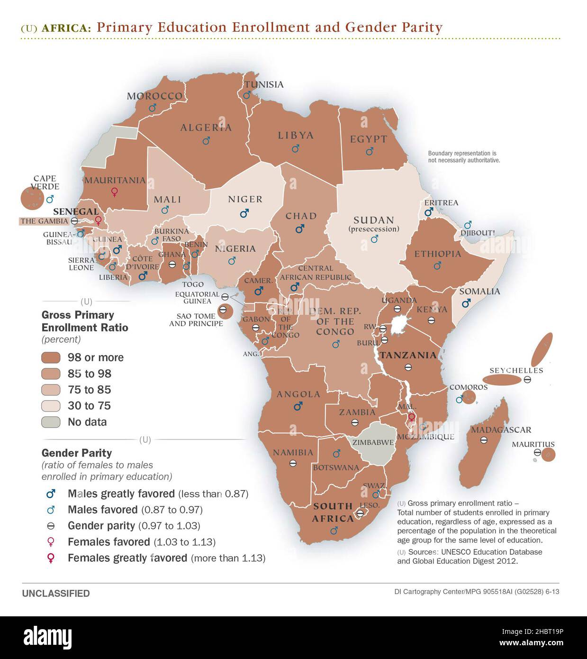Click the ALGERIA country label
tap(206, 127)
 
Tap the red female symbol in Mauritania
tap(114, 192)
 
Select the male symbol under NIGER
tap(244, 213)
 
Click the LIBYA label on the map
tap(296, 135)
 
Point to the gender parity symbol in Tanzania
tap(408, 367)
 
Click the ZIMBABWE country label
tap(373, 442)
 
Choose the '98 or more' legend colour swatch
tap(51, 357)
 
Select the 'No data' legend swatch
tap(51, 422)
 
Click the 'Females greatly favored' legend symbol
tap(51, 558)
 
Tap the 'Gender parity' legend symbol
tap(51, 526)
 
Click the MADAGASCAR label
tap(501, 430)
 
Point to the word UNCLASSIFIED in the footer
tap(56, 594)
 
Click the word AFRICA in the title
tap(66, 28)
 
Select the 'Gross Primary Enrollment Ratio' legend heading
tap(85, 321)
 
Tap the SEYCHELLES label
tap(516, 370)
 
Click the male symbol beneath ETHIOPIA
tap(437, 266)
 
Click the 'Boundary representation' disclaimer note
tap(464, 157)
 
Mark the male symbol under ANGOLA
tap(298, 406)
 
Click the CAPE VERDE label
tap(45, 183)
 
